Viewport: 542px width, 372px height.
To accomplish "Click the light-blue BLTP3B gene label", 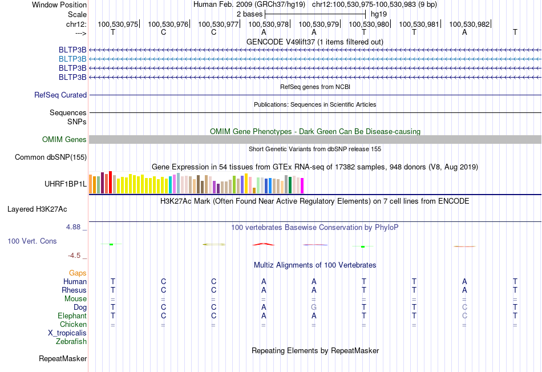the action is (x=72, y=59).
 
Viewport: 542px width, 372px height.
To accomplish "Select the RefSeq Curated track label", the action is (x=60, y=95).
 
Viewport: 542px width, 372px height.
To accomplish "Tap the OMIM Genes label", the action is (x=64, y=139).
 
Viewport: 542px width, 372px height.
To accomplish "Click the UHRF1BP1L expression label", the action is (x=66, y=184).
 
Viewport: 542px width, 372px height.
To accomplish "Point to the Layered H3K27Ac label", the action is (x=37, y=209).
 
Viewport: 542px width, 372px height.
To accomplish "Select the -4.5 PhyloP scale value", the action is (x=74, y=256).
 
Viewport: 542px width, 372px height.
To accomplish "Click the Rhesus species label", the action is (x=74, y=290).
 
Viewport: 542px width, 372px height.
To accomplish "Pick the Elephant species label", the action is (x=72, y=316).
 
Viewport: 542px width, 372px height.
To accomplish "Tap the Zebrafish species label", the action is (x=71, y=342).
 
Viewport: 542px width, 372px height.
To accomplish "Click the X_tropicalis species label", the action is (x=67, y=333).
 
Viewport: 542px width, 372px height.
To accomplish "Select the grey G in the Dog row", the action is (x=314, y=308).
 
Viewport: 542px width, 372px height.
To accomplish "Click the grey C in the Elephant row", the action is (x=464, y=316).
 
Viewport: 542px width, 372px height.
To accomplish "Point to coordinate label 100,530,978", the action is (x=268, y=24).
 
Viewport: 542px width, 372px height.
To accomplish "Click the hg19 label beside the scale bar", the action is (x=379, y=14).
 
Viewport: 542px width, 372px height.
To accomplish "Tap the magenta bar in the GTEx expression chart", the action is (x=302, y=185).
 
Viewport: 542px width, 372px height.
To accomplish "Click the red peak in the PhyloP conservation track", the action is (x=264, y=244).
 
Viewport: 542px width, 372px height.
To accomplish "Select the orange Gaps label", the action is (x=78, y=273).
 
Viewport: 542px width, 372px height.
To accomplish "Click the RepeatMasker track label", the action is (x=63, y=358).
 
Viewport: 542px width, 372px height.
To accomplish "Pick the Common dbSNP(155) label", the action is (x=51, y=157).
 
